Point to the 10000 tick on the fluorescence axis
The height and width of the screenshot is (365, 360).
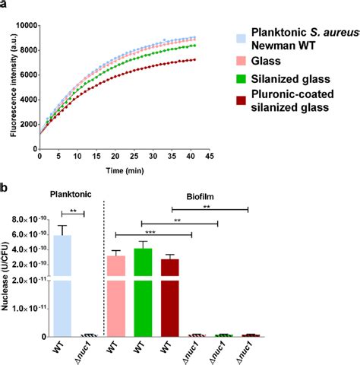tap(24, 26)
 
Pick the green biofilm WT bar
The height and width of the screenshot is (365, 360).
tap(144, 292)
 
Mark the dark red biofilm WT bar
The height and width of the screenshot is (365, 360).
tap(169, 297)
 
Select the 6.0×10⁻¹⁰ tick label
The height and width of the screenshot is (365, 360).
tap(28, 235)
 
